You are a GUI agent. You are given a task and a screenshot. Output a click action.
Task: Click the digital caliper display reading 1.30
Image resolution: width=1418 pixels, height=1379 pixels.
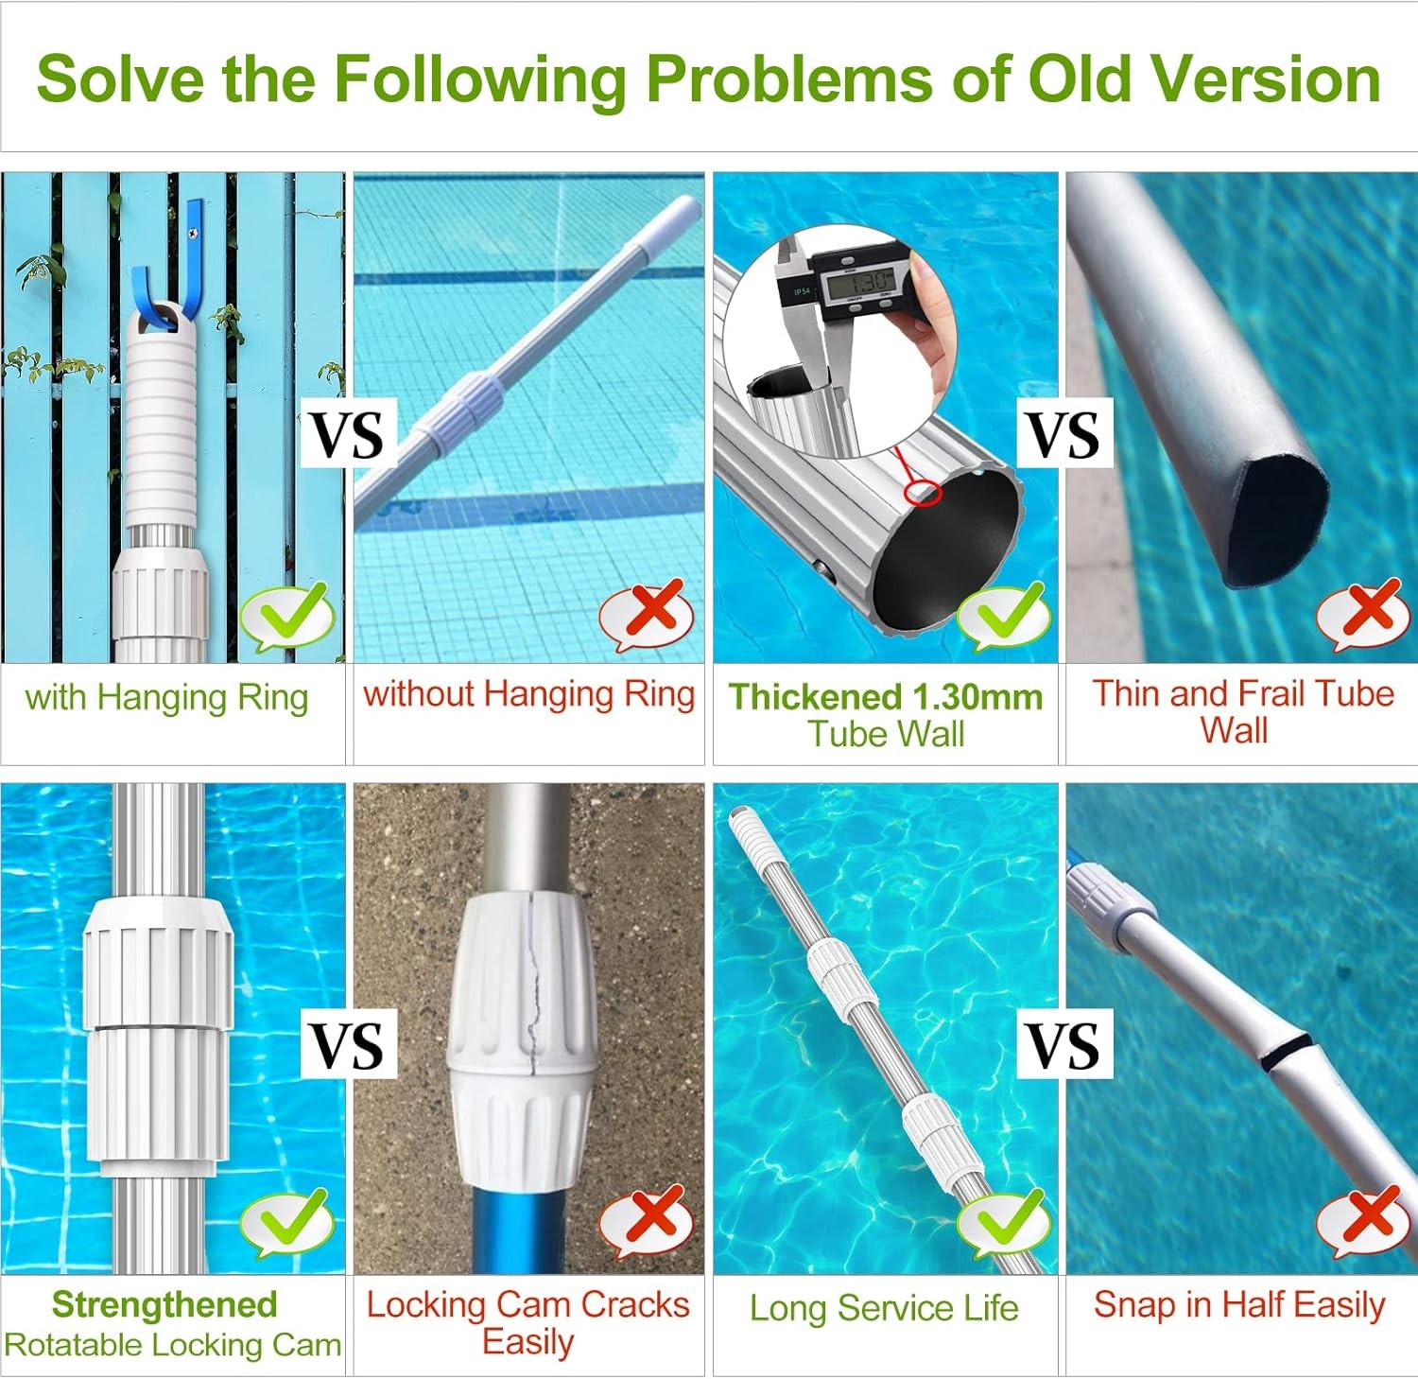[x=858, y=279]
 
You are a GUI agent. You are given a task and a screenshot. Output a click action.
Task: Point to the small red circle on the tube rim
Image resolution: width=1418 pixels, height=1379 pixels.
[x=924, y=492]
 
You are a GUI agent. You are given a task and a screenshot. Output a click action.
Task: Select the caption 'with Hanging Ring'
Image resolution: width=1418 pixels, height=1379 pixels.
[x=167, y=698]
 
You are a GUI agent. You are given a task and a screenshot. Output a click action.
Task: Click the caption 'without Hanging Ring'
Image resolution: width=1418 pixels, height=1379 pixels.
[x=528, y=694]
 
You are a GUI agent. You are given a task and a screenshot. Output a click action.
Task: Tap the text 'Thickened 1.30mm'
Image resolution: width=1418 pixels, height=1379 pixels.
[x=886, y=697]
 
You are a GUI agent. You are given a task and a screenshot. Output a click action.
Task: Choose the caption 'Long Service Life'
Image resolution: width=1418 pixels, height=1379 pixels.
[x=884, y=1308]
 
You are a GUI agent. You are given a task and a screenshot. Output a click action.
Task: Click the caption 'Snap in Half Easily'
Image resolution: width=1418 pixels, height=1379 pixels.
[x=1239, y=1305]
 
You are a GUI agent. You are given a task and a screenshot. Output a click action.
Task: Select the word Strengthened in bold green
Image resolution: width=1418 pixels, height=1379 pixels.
[x=164, y=1305]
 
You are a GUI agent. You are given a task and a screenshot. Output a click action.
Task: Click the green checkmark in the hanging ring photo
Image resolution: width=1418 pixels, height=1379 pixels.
[x=287, y=616]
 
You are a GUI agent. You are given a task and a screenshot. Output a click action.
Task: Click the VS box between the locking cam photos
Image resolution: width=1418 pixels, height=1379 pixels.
[x=348, y=1044]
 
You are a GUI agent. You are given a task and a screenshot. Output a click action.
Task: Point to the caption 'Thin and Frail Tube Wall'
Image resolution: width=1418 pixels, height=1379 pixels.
[x=1242, y=711]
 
